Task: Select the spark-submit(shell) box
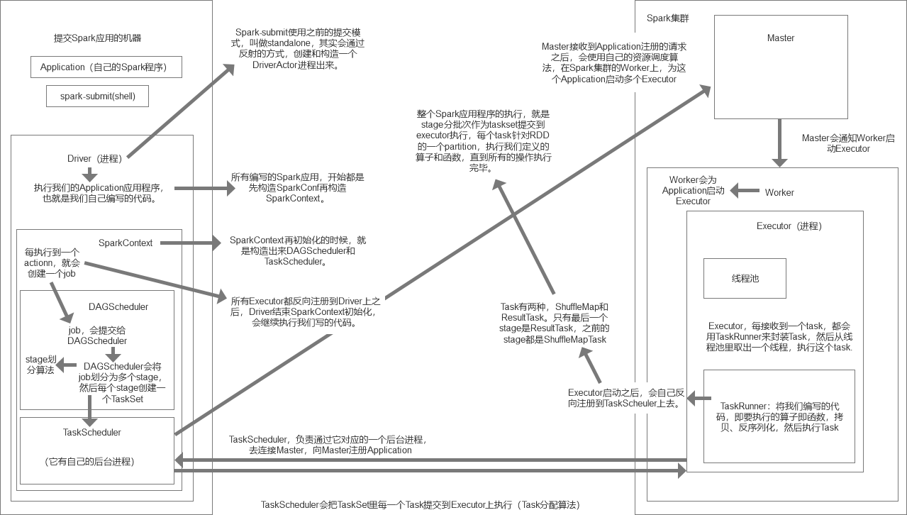pos(97,96)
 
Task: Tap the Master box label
pos(781,38)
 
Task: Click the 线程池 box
pos(745,278)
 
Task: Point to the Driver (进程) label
pos(94,158)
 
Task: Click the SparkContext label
pos(126,243)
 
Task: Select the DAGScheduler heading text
pos(118,306)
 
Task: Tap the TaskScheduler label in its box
pos(92,431)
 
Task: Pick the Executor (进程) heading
pos(789,226)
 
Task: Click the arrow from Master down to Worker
pos(780,142)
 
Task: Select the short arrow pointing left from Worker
pos(744,191)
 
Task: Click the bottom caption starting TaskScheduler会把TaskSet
pos(421,504)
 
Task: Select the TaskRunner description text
pos(779,416)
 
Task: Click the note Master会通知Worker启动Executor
pos(848,143)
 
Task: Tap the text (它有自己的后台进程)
pos(89,461)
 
